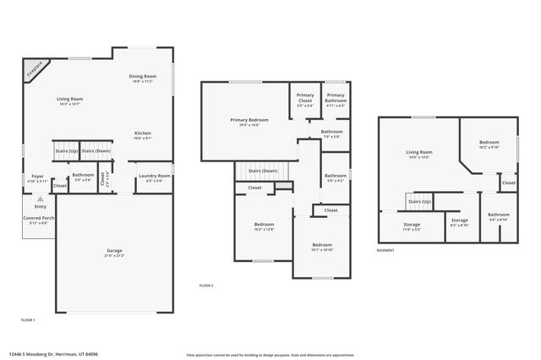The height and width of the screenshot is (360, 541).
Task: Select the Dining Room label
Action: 142,77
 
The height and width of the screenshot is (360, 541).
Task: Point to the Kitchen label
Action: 143,134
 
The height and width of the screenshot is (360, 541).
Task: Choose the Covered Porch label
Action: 39,218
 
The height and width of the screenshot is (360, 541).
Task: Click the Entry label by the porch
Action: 41,206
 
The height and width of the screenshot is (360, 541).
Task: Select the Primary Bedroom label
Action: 249,120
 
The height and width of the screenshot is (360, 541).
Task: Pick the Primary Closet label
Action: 304,95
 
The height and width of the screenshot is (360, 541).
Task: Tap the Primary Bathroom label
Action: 336,95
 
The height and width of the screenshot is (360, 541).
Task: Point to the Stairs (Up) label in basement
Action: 420,202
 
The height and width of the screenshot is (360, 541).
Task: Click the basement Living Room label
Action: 420,152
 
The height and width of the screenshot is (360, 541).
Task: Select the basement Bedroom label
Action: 489,143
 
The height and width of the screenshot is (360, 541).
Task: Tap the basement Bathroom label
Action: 499,215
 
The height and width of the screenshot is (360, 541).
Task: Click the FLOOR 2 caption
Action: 206,286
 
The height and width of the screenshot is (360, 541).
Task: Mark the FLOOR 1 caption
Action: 28,319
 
